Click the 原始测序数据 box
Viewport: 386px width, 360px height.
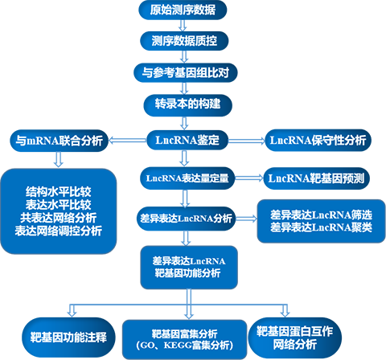[x=183, y=10]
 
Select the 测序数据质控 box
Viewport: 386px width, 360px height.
[x=184, y=41]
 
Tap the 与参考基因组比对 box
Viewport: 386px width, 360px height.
[x=186, y=72]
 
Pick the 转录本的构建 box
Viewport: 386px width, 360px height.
[x=187, y=104]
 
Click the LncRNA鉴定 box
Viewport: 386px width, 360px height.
[x=187, y=140]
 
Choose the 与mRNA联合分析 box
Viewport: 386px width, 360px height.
[x=59, y=141]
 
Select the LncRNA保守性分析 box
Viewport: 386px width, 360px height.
[x=318, y=140]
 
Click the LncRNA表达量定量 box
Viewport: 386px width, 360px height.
[x=187, y=178]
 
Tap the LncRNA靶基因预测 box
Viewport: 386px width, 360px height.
[x=316, y=178]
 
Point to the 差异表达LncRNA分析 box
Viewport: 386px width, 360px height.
[x=187, y=219]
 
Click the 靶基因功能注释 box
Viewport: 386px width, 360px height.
[x=68, y=337]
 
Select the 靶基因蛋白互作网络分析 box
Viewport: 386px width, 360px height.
[x=295, y=337]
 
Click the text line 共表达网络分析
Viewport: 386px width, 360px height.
[x=59, y=218]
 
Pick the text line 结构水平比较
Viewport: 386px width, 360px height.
[x=59, y=192]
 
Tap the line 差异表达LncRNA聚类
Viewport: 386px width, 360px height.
[x=321, y=227]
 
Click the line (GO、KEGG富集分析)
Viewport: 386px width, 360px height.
[x=185, y=346]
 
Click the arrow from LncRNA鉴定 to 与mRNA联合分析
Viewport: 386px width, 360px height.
[x=127, y=140]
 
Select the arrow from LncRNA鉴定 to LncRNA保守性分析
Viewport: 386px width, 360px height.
[x=247, y=141]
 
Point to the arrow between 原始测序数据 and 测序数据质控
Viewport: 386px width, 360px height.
[x=183, y=26]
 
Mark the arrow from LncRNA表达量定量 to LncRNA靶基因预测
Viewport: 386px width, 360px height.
[x=249, y=178]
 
